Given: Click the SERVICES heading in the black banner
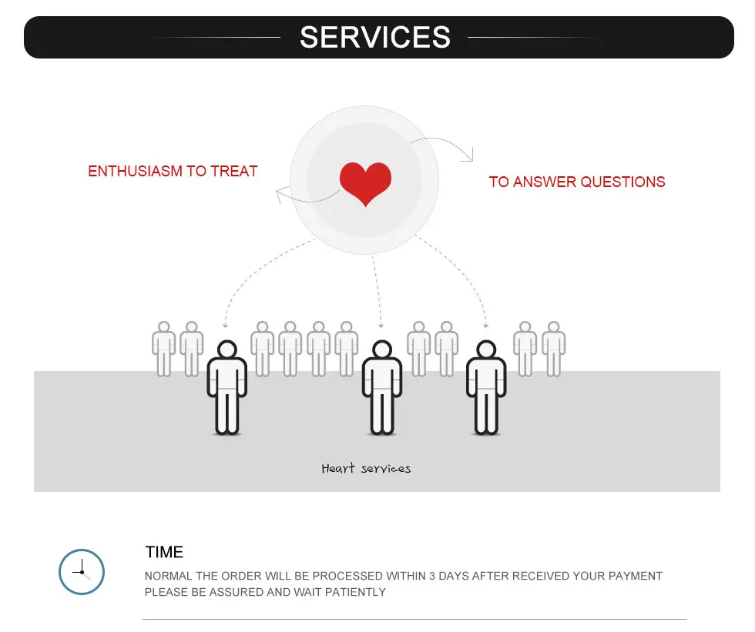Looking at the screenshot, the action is (x=375, y=37).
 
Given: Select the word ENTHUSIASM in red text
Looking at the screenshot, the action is (x=136, y=171).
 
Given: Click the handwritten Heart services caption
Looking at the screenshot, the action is (x=366, y=469).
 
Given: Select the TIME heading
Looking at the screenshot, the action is (x=164, y=552).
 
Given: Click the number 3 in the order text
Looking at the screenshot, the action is (x=432, y=576).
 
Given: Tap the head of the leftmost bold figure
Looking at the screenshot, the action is (x=227, y=349).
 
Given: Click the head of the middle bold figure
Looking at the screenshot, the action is (x=382, y=349).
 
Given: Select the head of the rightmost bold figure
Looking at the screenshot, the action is (x=486, y=349).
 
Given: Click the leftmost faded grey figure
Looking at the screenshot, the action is (x=163, y=349).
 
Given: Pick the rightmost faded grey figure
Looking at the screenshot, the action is (x=554, y=349).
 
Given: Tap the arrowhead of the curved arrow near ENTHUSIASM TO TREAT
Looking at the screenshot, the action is (x=279, y=193).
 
